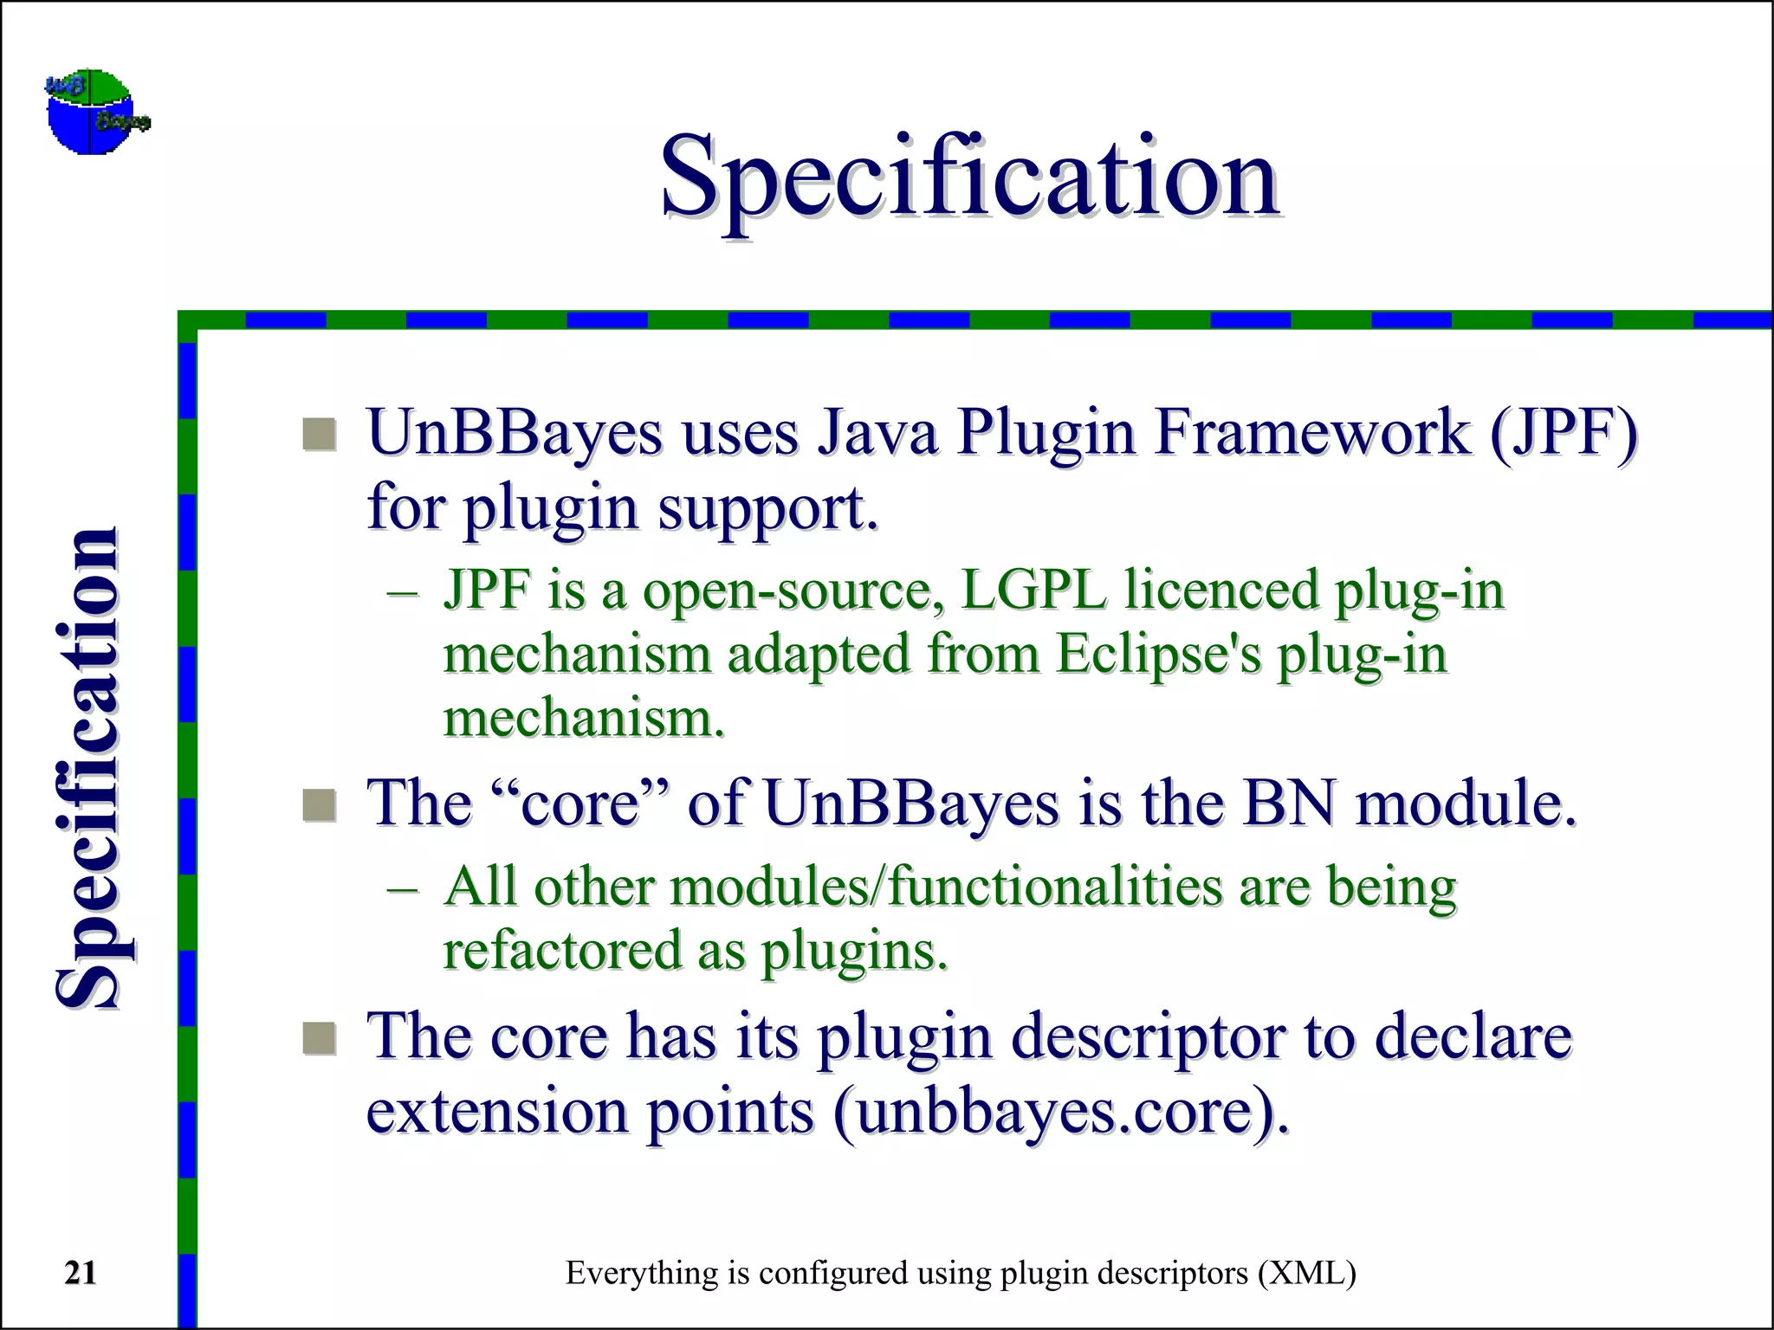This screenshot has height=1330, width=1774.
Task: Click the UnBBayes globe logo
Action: point(95,113)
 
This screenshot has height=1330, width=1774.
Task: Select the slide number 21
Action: point(81,1273)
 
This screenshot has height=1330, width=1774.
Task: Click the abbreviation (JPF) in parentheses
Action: point(1563,433)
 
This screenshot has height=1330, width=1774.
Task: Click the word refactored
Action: point(562,951)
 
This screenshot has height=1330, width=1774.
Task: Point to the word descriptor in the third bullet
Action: point(1149,1036)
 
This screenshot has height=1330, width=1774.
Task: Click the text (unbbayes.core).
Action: point(1061,1112)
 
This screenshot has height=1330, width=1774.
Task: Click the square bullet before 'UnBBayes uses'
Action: point(320,435)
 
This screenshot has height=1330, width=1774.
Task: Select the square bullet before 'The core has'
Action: point(320,1038)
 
